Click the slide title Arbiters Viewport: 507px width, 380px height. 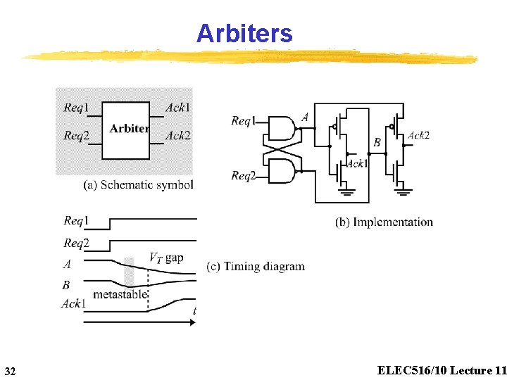pyautogui.click(x=244, y=33)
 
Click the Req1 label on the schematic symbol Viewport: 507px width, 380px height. pyautogui.click(x=76, y=108)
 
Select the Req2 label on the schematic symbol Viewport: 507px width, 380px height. pyautogui.click(x=76, y=135)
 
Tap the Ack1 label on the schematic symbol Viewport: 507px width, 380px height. pyautogui.click(x=177, y=108)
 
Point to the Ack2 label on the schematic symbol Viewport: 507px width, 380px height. pyautogui.click(x=177, y=135)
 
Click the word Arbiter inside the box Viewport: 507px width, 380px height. pyautogui.click(x=128, y=128)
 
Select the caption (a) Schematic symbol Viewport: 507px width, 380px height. pyautogui.click(x=138, y=185)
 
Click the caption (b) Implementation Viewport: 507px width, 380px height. pyautogui.click(x=384, y=222)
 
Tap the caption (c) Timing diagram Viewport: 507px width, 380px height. pyautogui.click(x=256, y=266)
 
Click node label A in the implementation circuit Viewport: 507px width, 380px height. pyautogui.click(x=305, y=118)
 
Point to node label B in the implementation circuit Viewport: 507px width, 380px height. pyautogui.click(x=377, y=143)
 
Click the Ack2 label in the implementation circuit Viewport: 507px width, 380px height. pyautogui.click(x=418, y=135)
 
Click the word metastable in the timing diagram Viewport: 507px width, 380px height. pyautogui.click(x=120, y=294)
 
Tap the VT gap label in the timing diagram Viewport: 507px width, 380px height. pyautogui.click(x=166, y=258)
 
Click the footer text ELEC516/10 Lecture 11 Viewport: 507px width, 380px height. pyautogui.click(x=442, y=370)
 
